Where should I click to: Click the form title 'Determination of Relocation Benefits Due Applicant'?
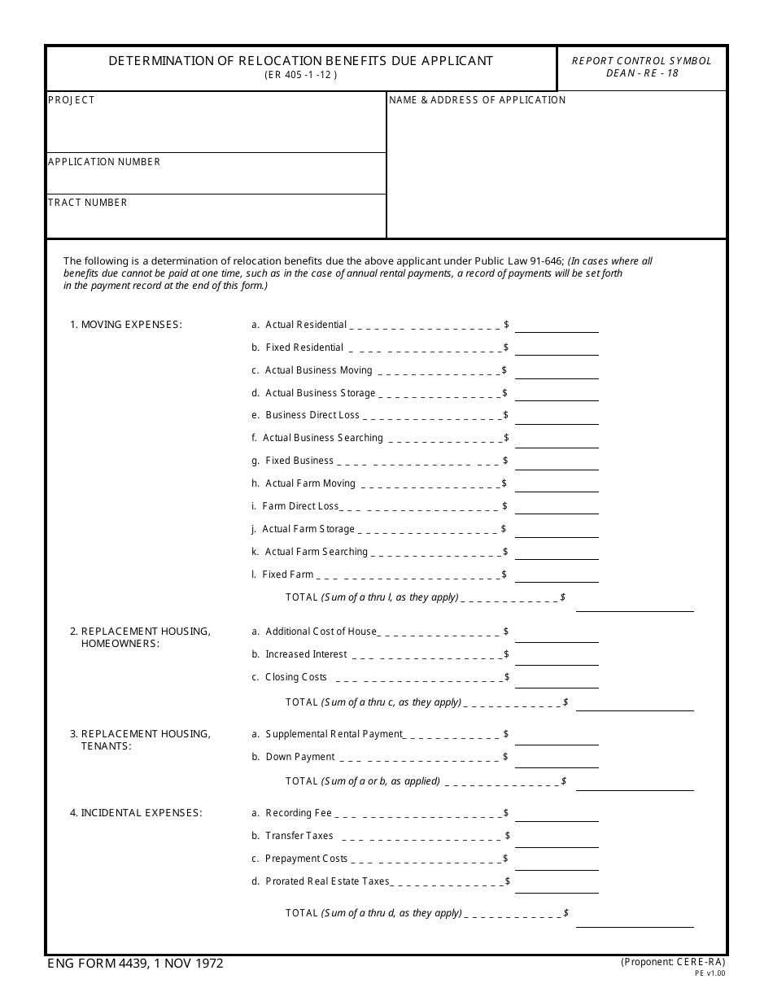tap(300, 61)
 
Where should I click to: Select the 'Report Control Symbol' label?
tap(641, 61)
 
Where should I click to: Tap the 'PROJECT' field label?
tap(72, 100)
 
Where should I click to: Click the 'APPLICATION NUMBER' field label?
tap(104, 162)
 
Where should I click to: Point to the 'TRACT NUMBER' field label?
tap(88, 203)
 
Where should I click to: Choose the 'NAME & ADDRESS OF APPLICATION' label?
tap(477, 100)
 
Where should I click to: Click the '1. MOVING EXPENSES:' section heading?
tap(126, 325)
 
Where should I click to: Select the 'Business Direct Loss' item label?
tap(312, 415)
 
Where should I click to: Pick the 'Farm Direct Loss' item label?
tap(300, 506)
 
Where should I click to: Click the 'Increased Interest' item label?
tap(306, 654)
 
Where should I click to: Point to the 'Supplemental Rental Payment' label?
tap(334, 734)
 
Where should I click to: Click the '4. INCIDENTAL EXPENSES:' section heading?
tap(136, 813)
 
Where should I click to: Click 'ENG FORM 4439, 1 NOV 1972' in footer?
tap(135, 964)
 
